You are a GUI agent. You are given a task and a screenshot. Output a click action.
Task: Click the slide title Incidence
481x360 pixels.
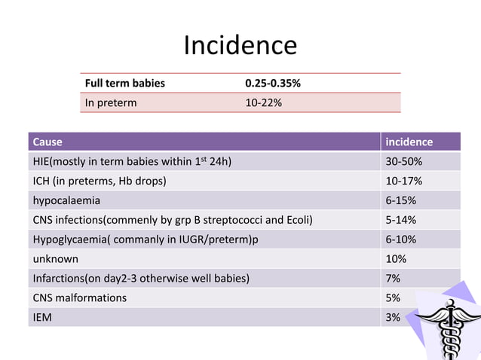pos(240,45)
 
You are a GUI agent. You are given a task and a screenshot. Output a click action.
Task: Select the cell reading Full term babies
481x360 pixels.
pos(124,83)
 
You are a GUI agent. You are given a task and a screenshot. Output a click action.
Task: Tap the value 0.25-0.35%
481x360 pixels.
pos(273,83)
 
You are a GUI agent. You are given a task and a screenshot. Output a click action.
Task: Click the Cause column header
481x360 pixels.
pos(47,142)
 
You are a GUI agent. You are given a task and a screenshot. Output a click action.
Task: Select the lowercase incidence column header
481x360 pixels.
pos(409,142)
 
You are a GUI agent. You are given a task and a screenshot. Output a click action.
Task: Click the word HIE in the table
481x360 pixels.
pos(41,161)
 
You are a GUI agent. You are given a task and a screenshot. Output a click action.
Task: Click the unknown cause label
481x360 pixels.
pos(54,259)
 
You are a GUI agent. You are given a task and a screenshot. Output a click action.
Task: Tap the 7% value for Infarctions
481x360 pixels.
pos(394,279)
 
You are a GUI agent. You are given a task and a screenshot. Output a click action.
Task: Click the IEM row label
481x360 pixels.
pos(41,318)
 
